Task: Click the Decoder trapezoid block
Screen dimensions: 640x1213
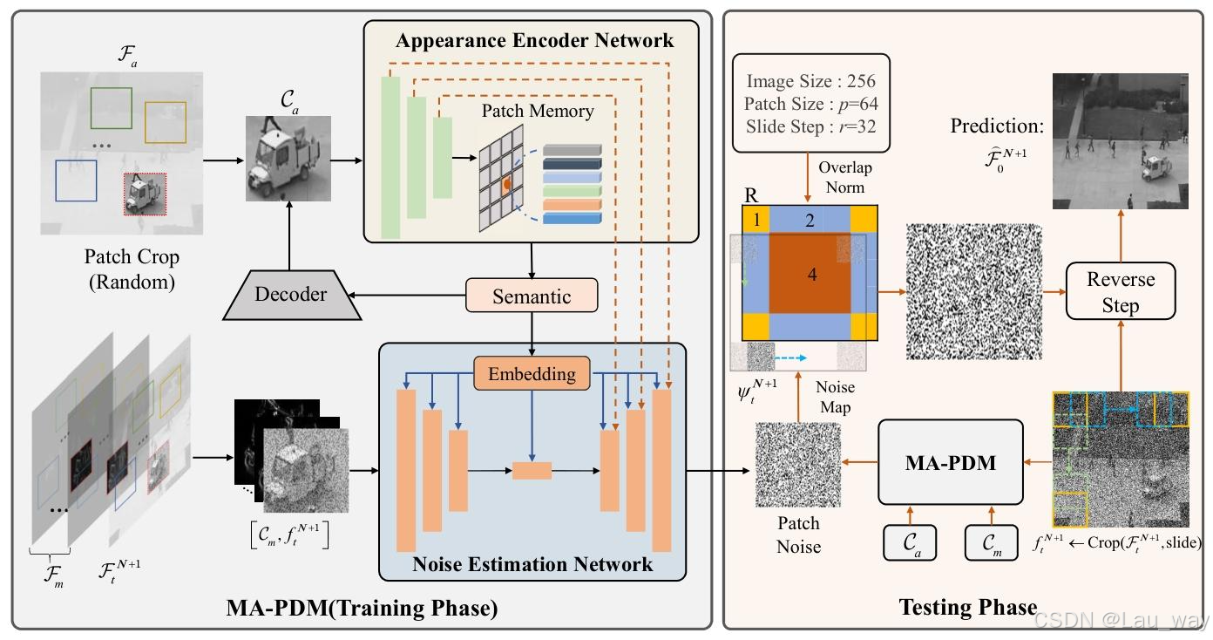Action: (x=291, y=295)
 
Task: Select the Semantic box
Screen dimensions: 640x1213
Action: (x=532, y=296)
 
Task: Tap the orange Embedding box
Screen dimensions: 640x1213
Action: (x=532, y=374)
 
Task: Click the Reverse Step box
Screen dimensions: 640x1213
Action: (x=1120, y=292)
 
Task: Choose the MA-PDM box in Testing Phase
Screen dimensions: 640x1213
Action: (x=950, y=462)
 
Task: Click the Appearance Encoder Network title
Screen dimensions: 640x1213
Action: (x=534, y=41)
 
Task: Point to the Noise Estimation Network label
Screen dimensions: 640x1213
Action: (x=532, y=564)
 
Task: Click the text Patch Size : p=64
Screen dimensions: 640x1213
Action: (x=811, y=104)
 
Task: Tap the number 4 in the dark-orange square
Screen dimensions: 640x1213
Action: (x=812, y=275)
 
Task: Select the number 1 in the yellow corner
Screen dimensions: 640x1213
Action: (x=756, y=220)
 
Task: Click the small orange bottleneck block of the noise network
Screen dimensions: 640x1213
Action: (x=532, y=471)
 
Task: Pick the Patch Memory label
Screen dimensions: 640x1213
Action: (x=538, y=112)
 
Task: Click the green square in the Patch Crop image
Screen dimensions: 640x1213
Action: (x=112, y=108)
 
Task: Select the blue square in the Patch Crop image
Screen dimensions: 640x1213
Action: (x=76, y=180)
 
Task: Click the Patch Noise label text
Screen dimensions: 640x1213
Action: (x=798, y=534)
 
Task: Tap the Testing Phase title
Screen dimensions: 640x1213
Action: (x=967, y=607)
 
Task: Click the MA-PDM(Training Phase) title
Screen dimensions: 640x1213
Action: (x=362, y=608)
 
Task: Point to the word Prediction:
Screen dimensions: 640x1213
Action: (x=996, y=126)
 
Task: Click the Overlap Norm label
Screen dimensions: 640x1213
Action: (x=844, y=177)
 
